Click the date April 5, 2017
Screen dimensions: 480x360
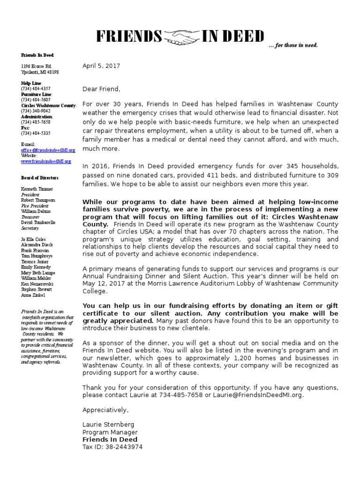pyautogui.click(x=101, y=66)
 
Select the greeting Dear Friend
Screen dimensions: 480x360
pyautogui.click(x=101, y=89)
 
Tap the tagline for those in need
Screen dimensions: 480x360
pyautogui.click(x=293, y=45)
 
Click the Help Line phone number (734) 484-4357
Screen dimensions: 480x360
pyautogui.click(x=36, y=89)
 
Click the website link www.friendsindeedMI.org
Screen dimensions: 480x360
pyautogui.click(x=46, y=161)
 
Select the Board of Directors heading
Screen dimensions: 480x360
pyautogui.click(x=40, y=178)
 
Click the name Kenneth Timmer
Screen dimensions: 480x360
pyautogui.click(x=37, y=189)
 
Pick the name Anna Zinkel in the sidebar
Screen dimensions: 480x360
pyautogui.click(x=33, y=296)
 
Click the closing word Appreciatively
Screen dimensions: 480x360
pyautogui.click(x=105, y=410)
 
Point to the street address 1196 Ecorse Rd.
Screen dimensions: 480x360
pyautogui.click(x=36, y=67)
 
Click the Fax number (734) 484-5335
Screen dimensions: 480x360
pyautogui.click(x=36, y=133)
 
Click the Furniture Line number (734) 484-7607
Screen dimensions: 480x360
pyautogui.click(x=36, y=100)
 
